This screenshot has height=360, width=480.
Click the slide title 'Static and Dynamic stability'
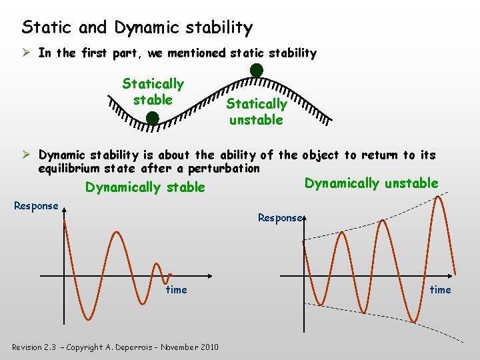coord(137,27)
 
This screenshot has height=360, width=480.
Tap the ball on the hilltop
coord(256,70)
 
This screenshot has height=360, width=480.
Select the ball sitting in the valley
coord(152,118)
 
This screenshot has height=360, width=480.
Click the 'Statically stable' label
coord(153,92)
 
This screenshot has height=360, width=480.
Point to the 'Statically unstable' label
coord(257,112)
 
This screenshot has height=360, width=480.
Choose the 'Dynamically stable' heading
coord(145,187)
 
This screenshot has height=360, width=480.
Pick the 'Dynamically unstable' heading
coord(371,183)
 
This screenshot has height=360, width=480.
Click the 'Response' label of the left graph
coord(36,206)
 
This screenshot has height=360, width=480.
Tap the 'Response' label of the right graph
coord(280,218)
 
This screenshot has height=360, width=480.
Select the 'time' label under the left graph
coord(176,289)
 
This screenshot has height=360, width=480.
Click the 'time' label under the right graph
coord(440,289)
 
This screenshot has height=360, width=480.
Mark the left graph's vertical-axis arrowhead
coord(64,210)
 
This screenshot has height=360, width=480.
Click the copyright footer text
coord(115,347)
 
